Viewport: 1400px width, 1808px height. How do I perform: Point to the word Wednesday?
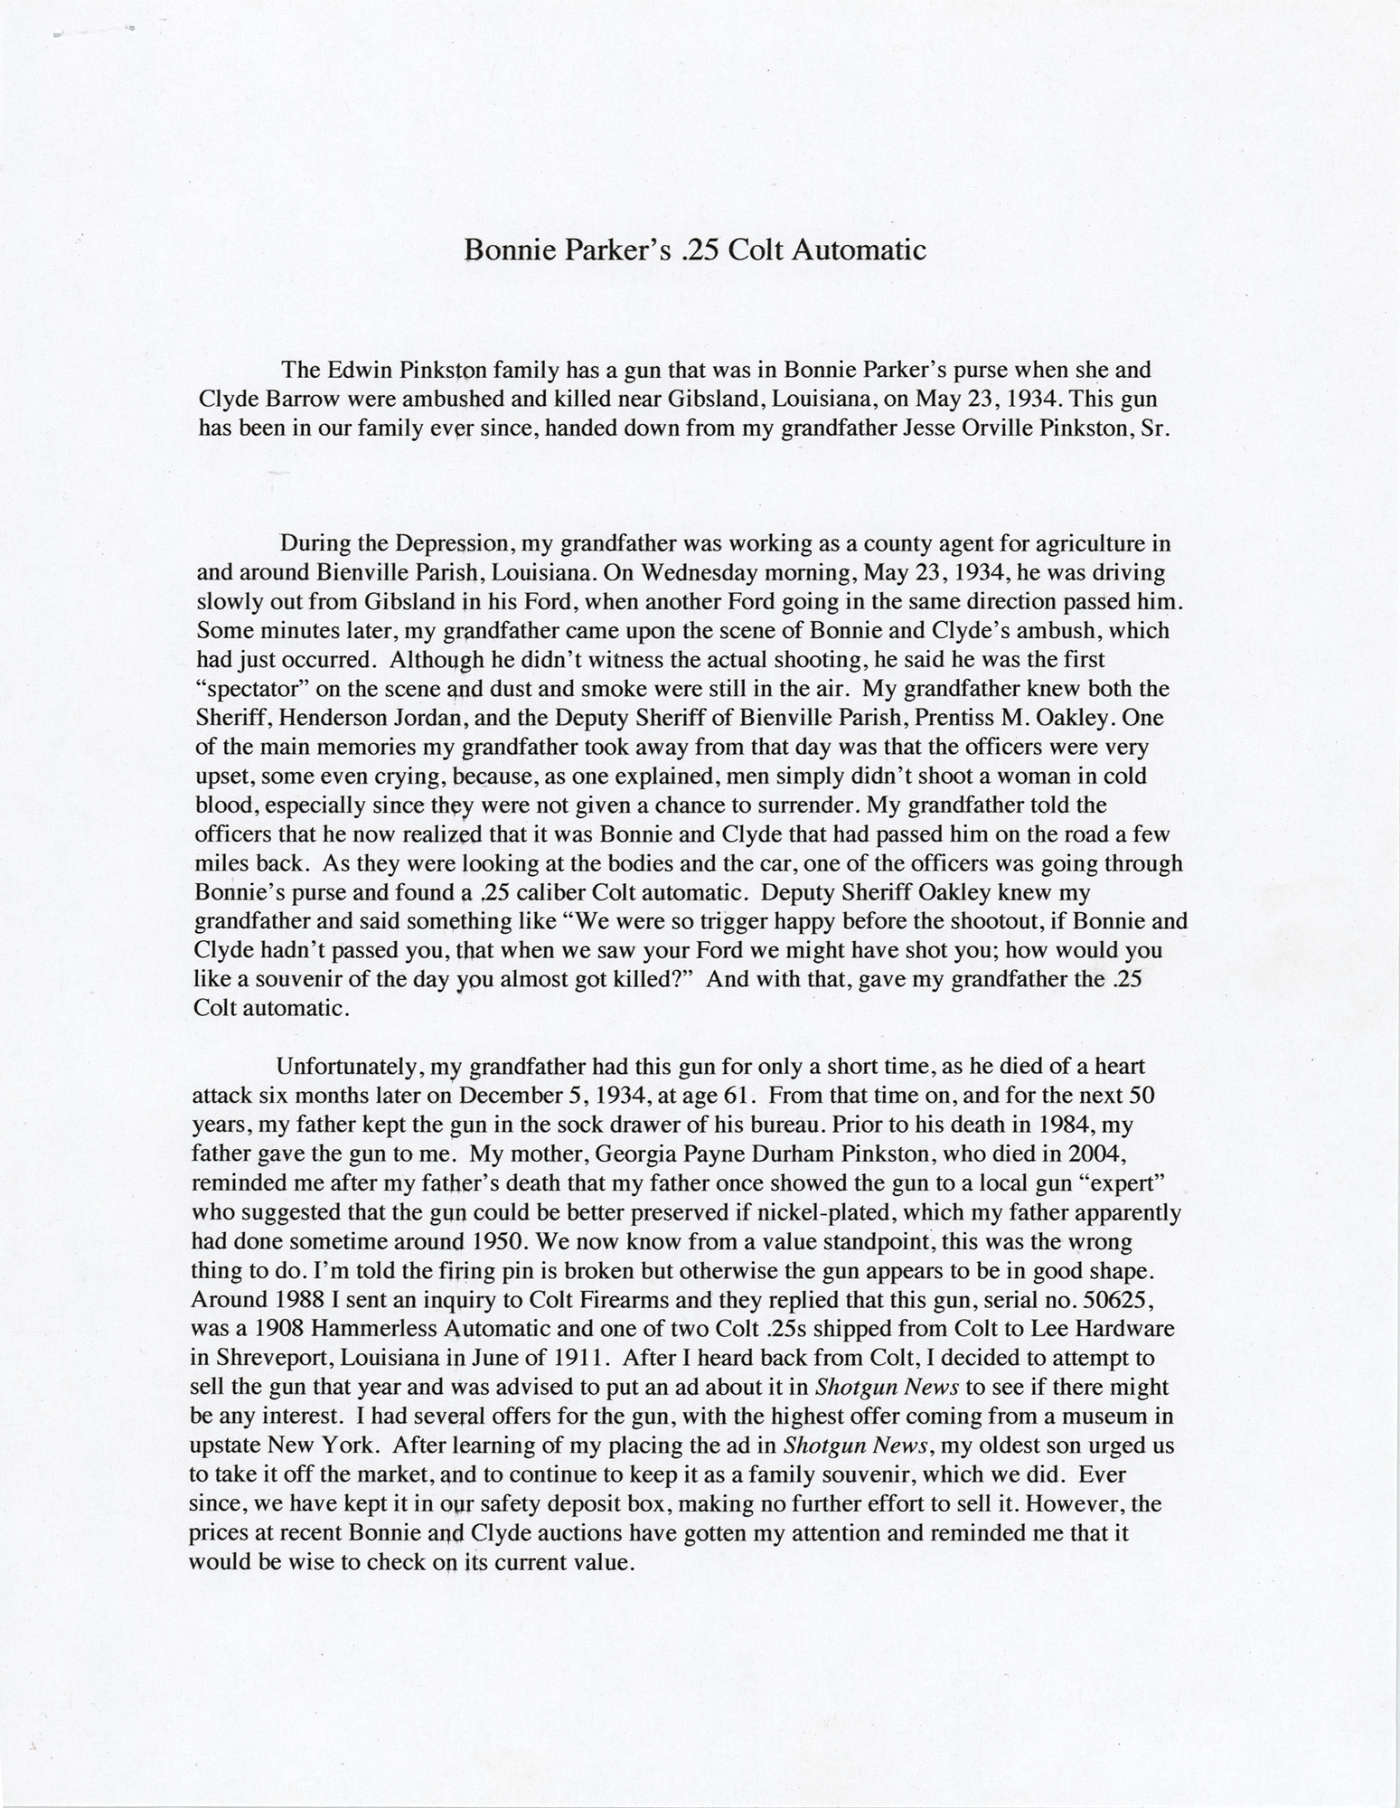[x=687, y=573]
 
